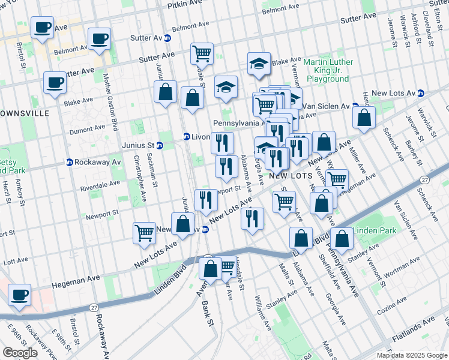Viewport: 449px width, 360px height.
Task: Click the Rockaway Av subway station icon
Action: [x=69, y=162]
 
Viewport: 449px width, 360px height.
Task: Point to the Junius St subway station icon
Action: [x=160, y=145]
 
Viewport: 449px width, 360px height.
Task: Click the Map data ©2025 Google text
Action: [x=412, y=355]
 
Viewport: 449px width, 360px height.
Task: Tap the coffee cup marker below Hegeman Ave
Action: [x=20, y=295]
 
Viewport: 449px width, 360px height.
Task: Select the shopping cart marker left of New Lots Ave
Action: [x=144, y=232]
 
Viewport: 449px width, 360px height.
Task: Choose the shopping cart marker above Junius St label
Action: [x=202, y=53]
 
